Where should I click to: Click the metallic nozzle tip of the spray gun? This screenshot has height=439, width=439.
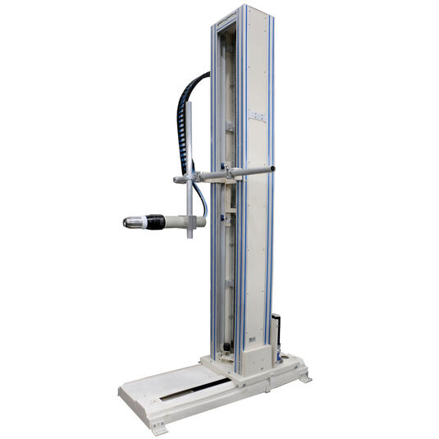click(129, 222)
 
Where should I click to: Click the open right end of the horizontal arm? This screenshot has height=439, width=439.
click(272, 170)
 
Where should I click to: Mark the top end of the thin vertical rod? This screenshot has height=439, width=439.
click(190, 105)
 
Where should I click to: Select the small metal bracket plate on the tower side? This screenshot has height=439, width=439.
click(260, 117)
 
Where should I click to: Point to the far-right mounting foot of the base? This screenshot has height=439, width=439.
click(305, 377)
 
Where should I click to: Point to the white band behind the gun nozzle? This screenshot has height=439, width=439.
click(140, 222)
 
